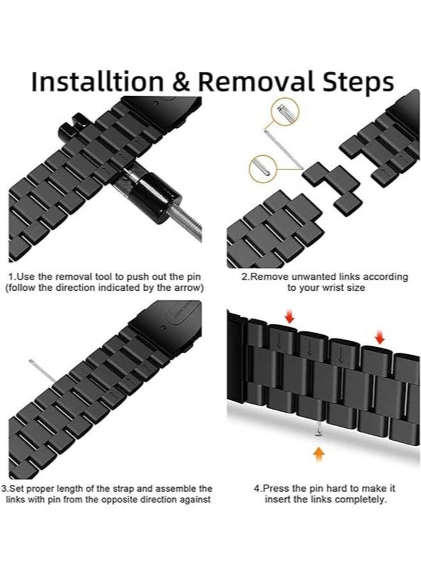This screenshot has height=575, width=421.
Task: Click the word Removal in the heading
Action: point(261,82)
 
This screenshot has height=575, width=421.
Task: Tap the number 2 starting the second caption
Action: point(244,277)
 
